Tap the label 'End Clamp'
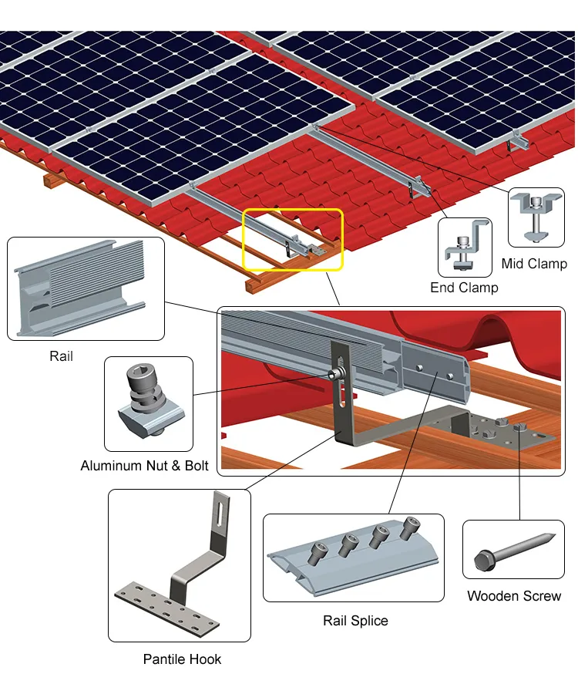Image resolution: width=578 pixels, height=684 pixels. (464, 288)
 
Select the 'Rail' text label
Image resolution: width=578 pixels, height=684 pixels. (61, 356)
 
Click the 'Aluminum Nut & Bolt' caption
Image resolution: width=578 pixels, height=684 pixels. (144, 466)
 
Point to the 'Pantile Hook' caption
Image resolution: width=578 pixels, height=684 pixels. (182, 659)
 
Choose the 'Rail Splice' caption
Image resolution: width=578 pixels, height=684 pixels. (355, 620)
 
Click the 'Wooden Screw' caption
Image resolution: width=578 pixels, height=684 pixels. (514, 595)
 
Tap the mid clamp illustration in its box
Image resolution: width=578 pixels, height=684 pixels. (536, 217)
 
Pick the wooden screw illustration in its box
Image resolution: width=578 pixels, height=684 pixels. (513, 551)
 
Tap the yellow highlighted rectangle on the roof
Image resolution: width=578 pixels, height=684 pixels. (294, 239)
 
